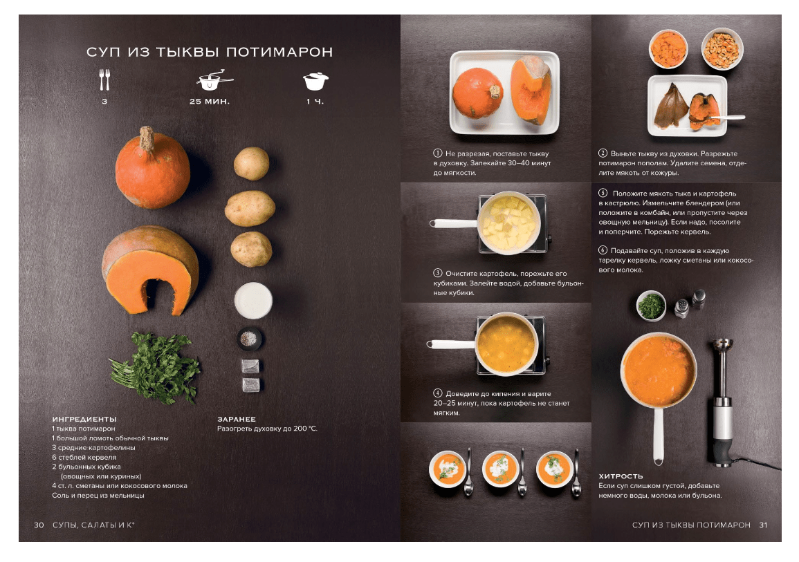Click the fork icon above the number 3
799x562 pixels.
(x=104, y=79)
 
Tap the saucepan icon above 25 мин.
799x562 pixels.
(x=214, y=81)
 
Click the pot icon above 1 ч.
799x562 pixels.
(x=315, y=81)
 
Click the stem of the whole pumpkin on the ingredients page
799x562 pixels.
(x=147, y=138)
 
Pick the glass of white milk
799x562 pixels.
(x=253, y=300)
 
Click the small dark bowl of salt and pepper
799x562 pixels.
(x=249, y=339)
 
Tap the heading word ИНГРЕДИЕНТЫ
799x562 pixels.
(x=84, y=419)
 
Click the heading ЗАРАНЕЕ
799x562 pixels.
(x=237, y=419)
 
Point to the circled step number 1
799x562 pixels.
(x=438, y=153)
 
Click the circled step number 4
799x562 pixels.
(x=438, y=393)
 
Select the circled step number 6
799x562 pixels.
(x=603, y=250)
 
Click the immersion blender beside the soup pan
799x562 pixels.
(x=723, y=402)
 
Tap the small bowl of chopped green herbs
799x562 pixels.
(x=651, y=306)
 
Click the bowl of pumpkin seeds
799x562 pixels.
(x=722, y=49)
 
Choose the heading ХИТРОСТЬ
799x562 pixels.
(x=621, y=476)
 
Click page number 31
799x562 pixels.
(x=763, y=525)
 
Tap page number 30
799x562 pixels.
(x=39, y=525)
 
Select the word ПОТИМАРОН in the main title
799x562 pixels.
(x=279, y=52)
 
